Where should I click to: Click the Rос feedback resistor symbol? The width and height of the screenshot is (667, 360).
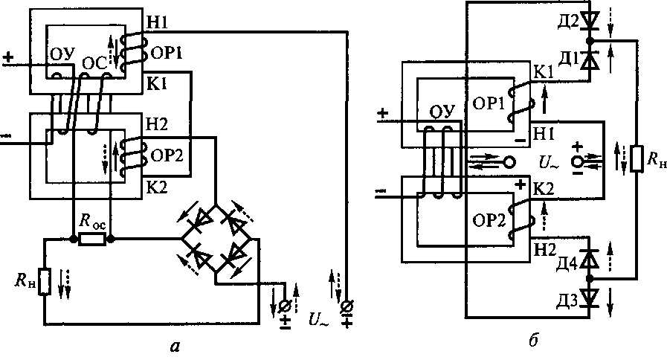click(92, 240)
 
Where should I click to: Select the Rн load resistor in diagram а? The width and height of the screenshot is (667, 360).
click(45, 282)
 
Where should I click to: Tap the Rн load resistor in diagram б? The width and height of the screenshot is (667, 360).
click(637, 158)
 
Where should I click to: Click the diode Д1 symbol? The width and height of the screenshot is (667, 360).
click(590, 60)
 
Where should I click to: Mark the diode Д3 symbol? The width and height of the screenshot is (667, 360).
click(590, 297)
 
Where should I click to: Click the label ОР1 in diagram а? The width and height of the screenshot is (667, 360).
click(167, 54)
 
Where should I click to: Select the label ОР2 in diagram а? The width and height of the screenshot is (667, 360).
click(167, 155)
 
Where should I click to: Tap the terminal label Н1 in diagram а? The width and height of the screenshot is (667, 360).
click(157, 23)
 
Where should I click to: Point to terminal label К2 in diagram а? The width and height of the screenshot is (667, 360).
click(157, 187)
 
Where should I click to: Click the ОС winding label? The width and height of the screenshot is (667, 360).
click(94, 63)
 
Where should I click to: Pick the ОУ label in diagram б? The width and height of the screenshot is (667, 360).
click(442, 112)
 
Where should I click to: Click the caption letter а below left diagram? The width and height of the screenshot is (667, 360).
click(175, 347)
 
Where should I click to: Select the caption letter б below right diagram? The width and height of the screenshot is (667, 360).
click(534, 340)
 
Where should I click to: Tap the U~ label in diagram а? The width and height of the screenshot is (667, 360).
click(319, 319)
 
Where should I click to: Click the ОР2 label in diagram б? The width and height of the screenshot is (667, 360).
click(489, 220)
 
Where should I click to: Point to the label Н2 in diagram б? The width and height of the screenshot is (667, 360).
click(545, 250)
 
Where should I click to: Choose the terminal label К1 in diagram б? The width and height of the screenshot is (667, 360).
click(544, 72)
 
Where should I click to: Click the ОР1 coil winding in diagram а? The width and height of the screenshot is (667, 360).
click(132, 54)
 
